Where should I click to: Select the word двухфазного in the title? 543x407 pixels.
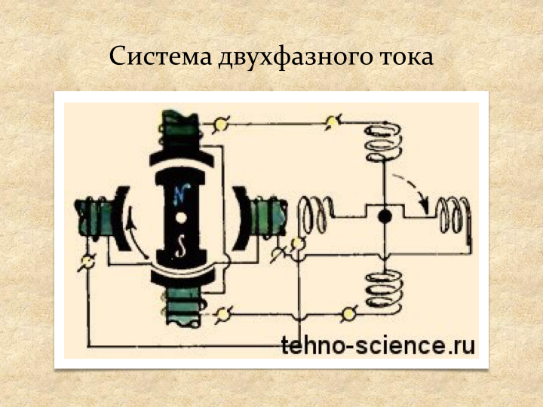click(283, 57)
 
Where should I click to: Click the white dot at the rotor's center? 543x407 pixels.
click(182, 219)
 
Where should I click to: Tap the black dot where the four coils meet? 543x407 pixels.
click(385, 217)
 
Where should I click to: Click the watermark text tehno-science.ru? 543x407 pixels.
click(379, 346)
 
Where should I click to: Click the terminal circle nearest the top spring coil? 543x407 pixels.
click(333, 120)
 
